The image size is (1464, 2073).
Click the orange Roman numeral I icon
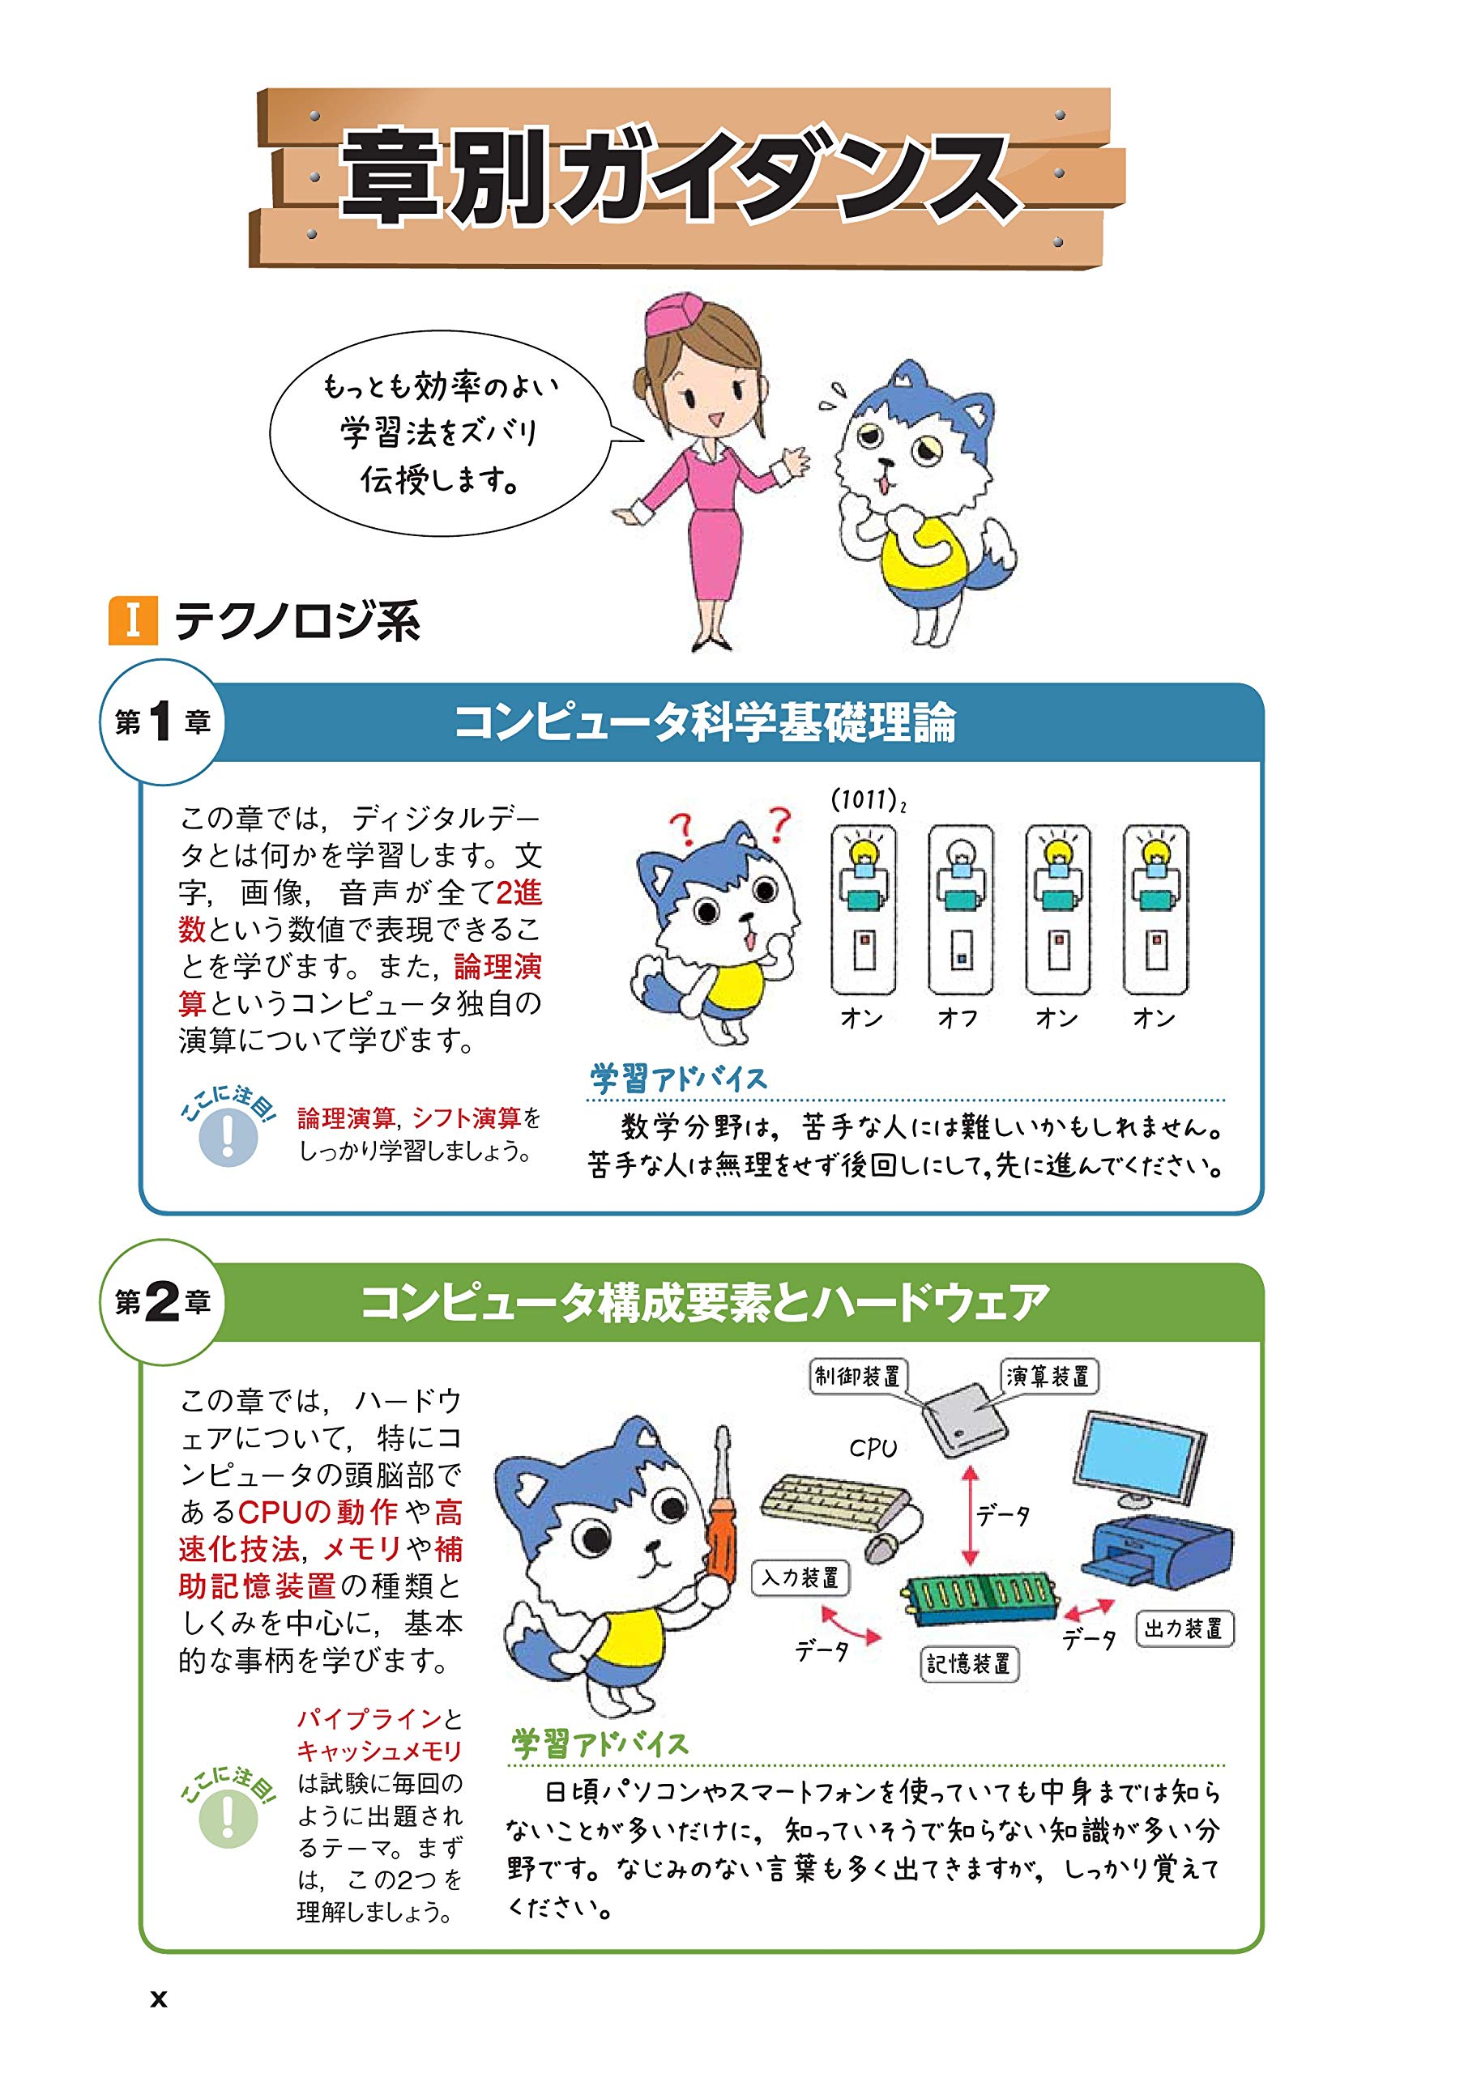[133, 620]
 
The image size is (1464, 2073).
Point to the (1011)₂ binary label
[868, 800]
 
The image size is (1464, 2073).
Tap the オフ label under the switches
[958, 1019]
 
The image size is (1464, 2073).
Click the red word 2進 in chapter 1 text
[519, 893]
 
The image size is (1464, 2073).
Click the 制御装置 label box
[857, 1376]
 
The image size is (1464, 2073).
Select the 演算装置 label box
[1048, 1376]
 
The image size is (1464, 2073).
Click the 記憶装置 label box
[969, 1663]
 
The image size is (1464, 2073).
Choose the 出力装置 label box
[1184, 1628]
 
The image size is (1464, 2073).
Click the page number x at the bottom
[159, 1998]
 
